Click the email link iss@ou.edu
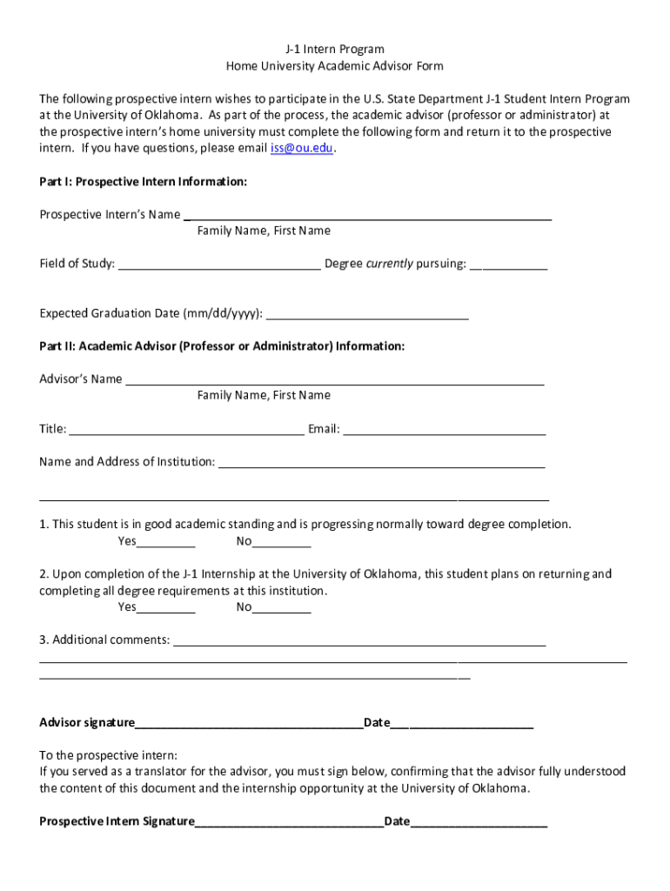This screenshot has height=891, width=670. click(302, 148)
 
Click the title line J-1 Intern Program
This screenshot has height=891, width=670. click(335, 49)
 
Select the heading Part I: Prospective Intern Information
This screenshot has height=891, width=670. click(144, 182)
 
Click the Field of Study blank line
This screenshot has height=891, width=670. click(219, 265)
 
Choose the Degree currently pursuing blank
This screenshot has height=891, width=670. click(508, 265)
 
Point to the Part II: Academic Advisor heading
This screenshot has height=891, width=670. click(222, 346)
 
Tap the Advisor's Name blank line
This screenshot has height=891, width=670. click(335, 379)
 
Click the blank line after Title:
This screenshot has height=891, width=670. click(186, 429)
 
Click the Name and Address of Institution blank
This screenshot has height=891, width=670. click(381, 462)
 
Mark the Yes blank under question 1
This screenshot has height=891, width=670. click(166, 542)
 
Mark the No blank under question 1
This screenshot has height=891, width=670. click(281, 542)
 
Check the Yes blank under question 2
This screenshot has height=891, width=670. click(166, 607)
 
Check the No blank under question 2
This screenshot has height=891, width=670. click(281, 607)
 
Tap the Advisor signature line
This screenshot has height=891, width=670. click(249, 723)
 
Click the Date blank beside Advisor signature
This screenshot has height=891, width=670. click(461, 723)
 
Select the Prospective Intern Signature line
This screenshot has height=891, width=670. click(289, 821)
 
